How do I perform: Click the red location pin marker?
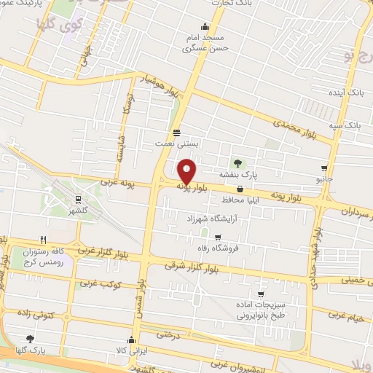(187, 171)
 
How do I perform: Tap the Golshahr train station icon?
(77, 200)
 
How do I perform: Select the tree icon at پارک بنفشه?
(237, 162)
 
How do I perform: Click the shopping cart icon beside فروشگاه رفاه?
(218, 237)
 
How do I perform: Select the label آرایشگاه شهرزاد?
(210, 219)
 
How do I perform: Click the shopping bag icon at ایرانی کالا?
(131, 338)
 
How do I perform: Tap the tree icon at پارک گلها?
(30, 338)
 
